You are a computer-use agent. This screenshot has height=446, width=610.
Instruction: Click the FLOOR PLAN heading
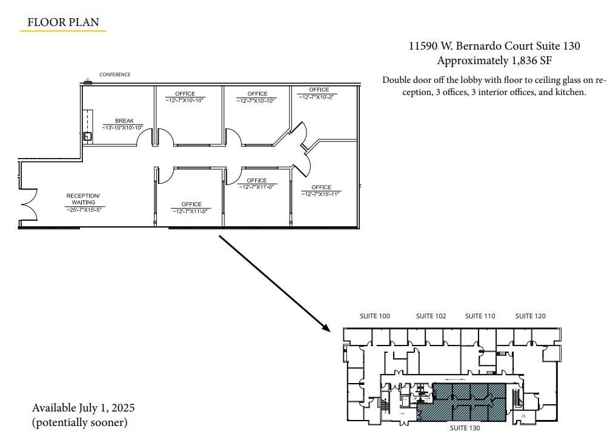(x=63, y=23)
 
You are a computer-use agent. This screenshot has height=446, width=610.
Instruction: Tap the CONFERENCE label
(x=114, y=74)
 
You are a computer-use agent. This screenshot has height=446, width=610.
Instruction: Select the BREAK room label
(x=124, y=121)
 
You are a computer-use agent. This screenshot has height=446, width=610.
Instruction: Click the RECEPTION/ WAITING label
(x=83, y=199)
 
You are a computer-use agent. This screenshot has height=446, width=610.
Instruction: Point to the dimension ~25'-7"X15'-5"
(x=84, y=209)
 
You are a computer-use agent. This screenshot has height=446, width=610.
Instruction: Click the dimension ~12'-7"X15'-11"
(x=321, y=194)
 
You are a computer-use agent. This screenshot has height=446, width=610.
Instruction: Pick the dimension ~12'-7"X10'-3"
(x=317, y=96)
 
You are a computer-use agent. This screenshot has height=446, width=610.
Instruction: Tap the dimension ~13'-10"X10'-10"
(x=124, y=128)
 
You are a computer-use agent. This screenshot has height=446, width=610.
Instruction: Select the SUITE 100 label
(x=375, y=316)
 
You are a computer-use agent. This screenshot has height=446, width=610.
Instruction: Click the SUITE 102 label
(x=431, y=316)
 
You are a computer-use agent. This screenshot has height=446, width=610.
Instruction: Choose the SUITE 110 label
(x=480, y=316)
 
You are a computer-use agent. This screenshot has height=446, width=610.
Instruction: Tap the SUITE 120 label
(x=530, y=316)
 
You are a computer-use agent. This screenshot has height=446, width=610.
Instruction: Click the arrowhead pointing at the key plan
(x=327, y=329)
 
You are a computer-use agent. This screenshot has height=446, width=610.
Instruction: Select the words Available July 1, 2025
(x=83, y=407)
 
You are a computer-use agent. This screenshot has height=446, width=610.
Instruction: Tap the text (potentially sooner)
(x=79, y=422)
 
